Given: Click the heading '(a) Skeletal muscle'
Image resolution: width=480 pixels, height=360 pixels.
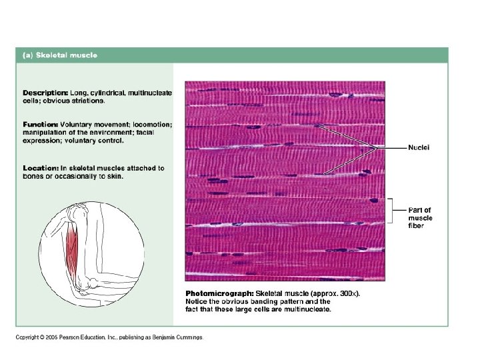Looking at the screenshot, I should pos(60,55).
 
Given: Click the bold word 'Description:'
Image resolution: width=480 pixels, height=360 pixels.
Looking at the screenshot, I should pos(45,93).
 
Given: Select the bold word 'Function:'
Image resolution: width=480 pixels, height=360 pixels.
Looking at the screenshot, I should pos(41,125).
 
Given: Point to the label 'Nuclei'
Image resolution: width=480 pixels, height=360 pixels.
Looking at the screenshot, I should pos(419,147).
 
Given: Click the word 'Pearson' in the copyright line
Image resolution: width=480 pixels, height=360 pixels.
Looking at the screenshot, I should pos(70,337).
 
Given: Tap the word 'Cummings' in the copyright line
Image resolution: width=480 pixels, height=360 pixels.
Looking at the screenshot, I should pos(189,337).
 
